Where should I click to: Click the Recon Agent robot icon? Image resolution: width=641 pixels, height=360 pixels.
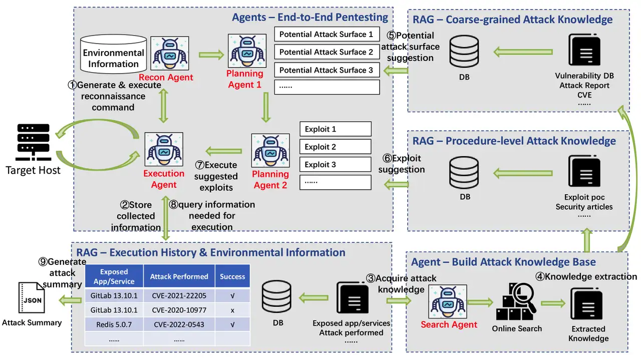coord(170,53)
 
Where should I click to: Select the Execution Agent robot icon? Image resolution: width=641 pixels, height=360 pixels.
coord(164,149)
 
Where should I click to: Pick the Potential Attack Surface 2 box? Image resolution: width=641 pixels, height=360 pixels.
coord(327,52)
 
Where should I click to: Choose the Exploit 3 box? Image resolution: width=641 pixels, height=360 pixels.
coord(335,164)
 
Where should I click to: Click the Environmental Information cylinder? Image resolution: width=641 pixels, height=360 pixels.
coord(113,54)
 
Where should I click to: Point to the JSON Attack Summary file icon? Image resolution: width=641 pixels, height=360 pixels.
coord(31,299)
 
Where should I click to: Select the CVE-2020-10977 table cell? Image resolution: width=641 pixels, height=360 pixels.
coord(179,310)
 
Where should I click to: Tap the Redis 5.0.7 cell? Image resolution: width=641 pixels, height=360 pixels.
coord(114,324)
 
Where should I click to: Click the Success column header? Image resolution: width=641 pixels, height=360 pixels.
coord(232,276)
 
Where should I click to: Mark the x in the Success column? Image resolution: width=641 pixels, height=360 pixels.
coord(232,310)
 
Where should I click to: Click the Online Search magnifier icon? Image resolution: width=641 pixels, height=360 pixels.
coord(516,302)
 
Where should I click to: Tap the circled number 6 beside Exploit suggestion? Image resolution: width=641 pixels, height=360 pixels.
coord(387,158)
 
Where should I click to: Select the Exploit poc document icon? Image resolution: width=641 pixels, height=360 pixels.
coord(584,171)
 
